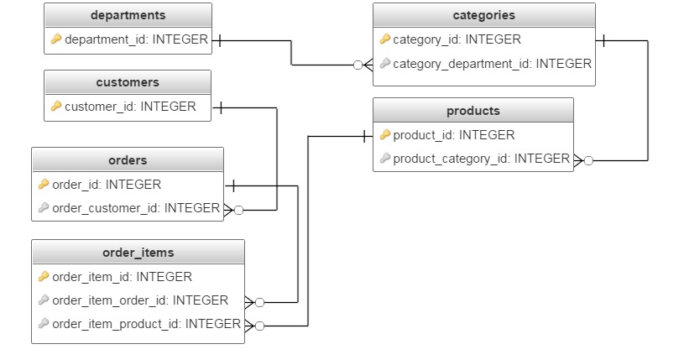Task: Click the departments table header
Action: click(128, 15)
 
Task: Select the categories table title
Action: click(483, 15)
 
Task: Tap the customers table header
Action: click(128, 82)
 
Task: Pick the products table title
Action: click(473, 111)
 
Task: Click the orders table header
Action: click(128, 160)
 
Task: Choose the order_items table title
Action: click(138, 253)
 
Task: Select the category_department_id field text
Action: click(492, 64)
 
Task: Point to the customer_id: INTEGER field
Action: click(130, 107)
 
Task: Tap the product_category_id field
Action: click(481, 159)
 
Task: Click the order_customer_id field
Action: click(135, 208)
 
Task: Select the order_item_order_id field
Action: click(139, 300)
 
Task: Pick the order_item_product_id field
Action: click(146, 324)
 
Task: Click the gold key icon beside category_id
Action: click(384, 39)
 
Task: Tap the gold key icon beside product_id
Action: click(384, 135)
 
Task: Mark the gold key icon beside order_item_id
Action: click(44, 277)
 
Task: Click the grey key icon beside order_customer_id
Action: click(44, 208)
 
